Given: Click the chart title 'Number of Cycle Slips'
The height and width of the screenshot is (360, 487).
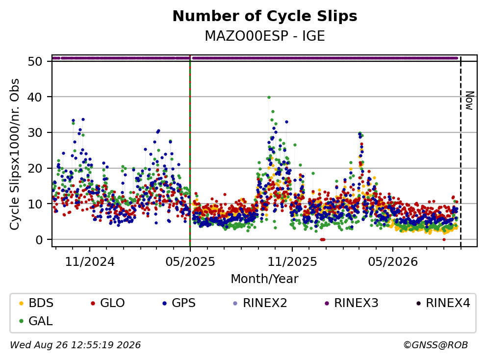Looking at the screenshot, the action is pyautogui.click(x=265, y=16).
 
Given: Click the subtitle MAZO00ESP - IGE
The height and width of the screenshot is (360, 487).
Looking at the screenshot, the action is pyautogui.click(x=265, y=36).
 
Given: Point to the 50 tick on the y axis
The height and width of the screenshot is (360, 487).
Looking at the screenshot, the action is pyautogui.click(x=35, y=61).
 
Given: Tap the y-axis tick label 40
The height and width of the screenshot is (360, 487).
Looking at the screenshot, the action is pyautogui.click(x=35, y=97).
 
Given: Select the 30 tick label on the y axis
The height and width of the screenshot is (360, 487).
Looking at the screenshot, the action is pyautogui.click(x=35, y=133).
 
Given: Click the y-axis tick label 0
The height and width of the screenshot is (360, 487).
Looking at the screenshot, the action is pyautogui.click(x=39, y=240).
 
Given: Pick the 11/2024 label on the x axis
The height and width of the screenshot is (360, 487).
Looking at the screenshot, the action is pyautogui.click(x=90, y=262).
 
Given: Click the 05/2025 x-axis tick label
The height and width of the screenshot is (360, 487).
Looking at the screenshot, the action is pyautogui.click(x=190, y=262).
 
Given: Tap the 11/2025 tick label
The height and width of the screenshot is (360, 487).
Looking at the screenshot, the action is pyautogui.click(x=292, y=262).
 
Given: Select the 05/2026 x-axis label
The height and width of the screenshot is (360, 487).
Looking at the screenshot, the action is pyautogui.click(x=393, y=262).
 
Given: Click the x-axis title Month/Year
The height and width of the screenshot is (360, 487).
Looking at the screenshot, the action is pyautogui.click(x=265, y=279).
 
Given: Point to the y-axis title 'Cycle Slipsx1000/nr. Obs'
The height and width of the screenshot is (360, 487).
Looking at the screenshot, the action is pyautogui.click(x=14, y=154).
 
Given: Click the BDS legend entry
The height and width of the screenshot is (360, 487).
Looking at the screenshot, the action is pyautogui.click(x=36, y=303).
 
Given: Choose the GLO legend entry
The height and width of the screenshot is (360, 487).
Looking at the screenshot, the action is pyautogui.click(x=108, y=303).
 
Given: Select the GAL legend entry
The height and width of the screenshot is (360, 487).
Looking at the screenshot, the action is pyautogui.click(x=36, y=321).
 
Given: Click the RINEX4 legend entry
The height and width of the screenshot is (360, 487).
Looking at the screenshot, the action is pyautogui.click(x=443, y=303).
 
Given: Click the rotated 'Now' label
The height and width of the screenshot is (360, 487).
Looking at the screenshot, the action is pyautogui.click(x=469, y=101).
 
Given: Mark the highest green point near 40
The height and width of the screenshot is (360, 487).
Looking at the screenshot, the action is pyautogui.click(x=269, y=97).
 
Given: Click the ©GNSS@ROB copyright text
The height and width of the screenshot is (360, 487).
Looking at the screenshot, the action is pyautogui.click(x=436, y=345).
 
